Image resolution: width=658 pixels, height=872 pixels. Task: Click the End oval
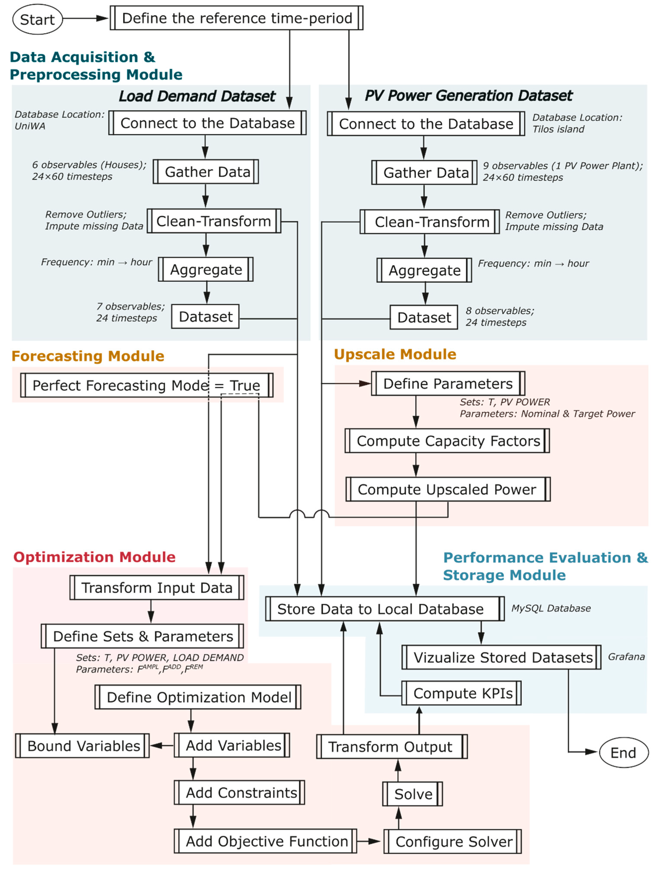(x=623, y=752)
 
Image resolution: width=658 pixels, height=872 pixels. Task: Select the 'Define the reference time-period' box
(x=236, y=18)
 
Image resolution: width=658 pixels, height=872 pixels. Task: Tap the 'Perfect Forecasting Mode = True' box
(x=147, y=385)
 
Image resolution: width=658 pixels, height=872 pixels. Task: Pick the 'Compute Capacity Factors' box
(x=447, y=441)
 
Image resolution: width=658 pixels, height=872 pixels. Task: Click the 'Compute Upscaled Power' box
(x=448, y=489)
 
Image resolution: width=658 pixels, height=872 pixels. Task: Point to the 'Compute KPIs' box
(x=461, y=693)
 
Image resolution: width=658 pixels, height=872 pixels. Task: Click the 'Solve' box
(x=412, y=794)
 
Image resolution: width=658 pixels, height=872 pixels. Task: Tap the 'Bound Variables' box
(x=82, y=746)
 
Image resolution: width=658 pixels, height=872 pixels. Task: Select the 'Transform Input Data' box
(x=157, y=587)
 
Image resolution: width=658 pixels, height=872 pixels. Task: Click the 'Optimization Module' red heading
(x=95, y=557)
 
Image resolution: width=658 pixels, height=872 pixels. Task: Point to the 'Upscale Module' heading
(x=395, y=354)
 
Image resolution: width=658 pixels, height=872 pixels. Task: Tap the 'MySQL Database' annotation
(x=551, y=608)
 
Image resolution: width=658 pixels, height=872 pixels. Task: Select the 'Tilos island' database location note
(x=558, y=129)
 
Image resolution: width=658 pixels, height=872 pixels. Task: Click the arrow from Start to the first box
(x=86, y=18)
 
